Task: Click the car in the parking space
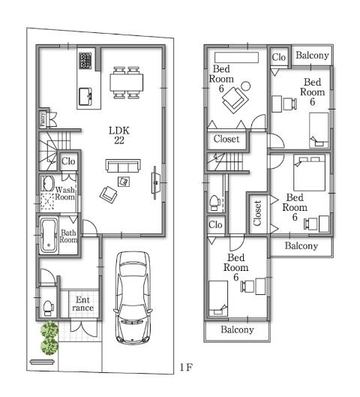[133, 297]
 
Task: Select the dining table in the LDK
[126, 81]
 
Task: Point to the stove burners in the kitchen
[85, 59]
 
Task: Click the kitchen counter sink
[85, 95]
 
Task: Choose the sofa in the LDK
[121, 166]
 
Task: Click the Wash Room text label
[65, 196]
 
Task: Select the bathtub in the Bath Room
[48, 236]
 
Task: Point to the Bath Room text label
[69, 237]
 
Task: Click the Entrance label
[82, 305]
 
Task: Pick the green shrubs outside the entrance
[49, 338]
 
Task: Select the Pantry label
[42, 119]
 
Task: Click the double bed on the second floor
[307, 174]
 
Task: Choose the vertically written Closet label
[257, 213]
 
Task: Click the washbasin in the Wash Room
[47, 185]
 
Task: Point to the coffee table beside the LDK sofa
[124, 181]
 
